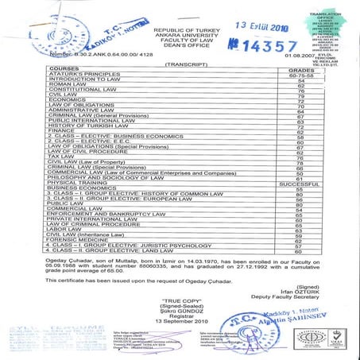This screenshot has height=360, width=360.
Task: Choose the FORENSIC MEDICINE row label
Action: (x=78, y=241)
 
